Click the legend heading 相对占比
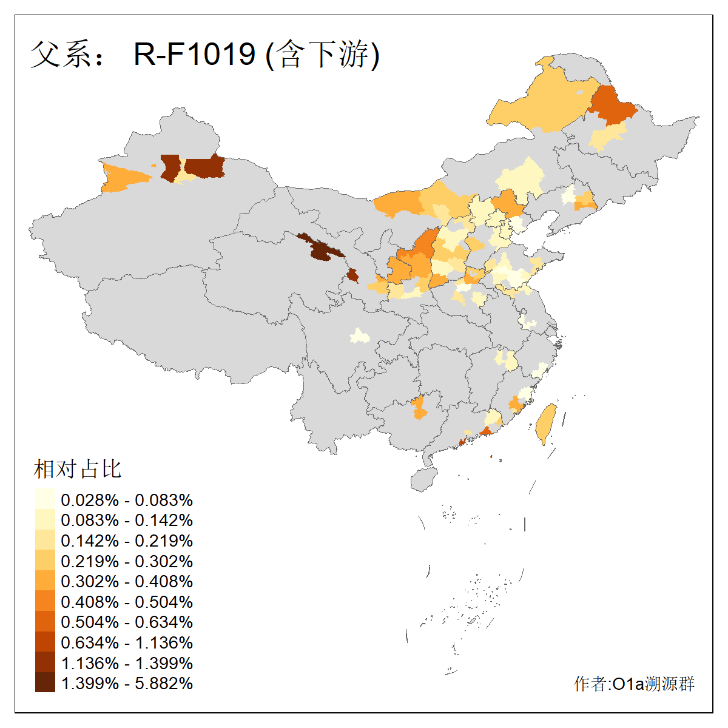point(78,469)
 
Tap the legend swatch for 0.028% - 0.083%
point(45,500)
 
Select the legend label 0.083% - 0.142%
point(127,521)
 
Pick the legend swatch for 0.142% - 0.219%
point(45,541)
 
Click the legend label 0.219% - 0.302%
point(127,561)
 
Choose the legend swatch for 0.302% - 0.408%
point(45,581)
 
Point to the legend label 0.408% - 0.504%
point(127,602)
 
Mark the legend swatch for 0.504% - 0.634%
point(45,622)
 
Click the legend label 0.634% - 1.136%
point(127,642)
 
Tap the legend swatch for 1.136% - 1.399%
point(45,662)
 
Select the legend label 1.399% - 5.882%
point(127,683)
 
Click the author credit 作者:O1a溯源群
point(634,684)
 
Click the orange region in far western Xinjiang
point(124,177)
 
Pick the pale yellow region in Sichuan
point(360,336)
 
